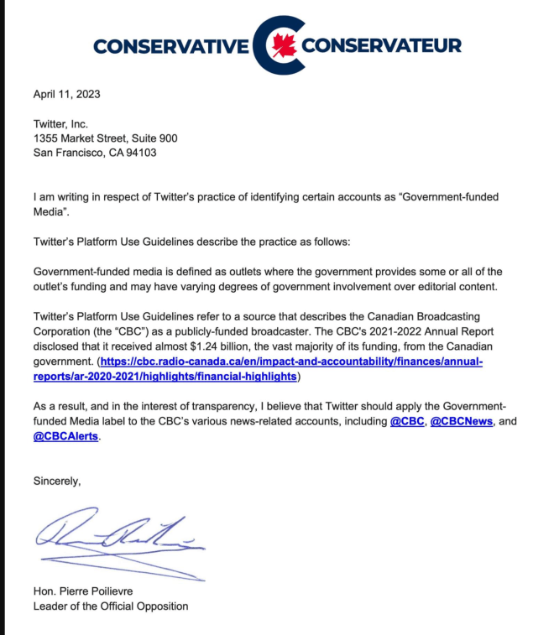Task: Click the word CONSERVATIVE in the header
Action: pyautogui.click(x=171, y=46)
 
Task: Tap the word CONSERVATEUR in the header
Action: pyautogui.click(x=381, y=46)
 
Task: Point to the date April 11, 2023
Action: pyautogui.click(x=66, y=94)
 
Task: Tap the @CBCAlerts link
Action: pyautogui.click(x=65, y=436)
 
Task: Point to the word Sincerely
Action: pyautogui.click(x=57, y=481)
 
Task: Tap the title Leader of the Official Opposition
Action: pyautogui.click(x=111, y=606)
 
